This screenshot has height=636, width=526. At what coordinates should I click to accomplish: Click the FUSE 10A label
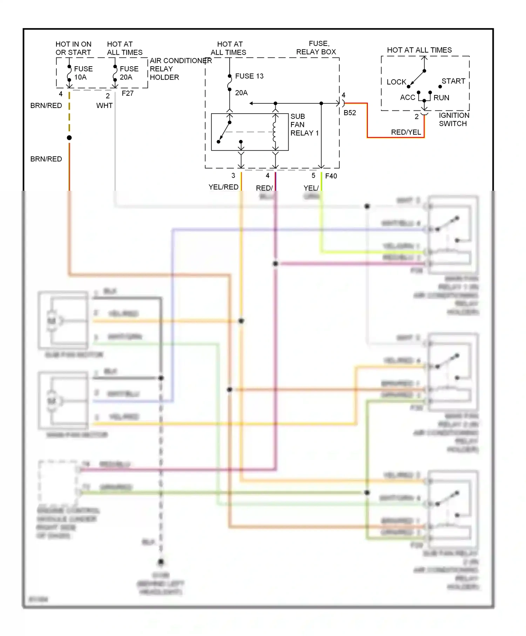coord(83,73)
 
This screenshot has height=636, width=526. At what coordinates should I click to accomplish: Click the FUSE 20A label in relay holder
coord(129,73)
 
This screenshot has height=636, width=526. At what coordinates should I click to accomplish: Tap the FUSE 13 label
coord(249,76)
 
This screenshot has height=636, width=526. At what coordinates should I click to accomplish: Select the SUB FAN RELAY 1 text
coord(304,125)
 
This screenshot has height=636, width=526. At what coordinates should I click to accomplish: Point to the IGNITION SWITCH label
coord(453,120)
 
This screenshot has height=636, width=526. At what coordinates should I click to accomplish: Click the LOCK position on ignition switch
coord(396,82)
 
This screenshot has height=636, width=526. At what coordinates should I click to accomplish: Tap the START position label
coord(453,81)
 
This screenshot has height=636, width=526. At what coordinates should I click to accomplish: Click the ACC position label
coord(407,97)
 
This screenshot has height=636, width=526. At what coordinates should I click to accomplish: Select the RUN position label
coord(441,98)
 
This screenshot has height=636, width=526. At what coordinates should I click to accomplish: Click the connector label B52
coord(350,113)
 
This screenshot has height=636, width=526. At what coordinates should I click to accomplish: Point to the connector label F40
coord(331,176)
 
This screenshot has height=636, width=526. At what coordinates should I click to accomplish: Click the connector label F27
coord(128,94)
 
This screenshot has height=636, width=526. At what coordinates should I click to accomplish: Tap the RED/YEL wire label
coord(406,132)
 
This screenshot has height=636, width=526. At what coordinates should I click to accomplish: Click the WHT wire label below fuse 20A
coord(104,106)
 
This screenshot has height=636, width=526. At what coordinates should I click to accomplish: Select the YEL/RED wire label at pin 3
coord(223,187)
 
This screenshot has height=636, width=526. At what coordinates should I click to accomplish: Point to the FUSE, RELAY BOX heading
coord(316,48)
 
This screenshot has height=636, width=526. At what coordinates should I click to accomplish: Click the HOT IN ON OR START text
coord(73,48)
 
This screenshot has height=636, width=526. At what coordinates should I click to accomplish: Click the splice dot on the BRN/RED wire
coord(69,138)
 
